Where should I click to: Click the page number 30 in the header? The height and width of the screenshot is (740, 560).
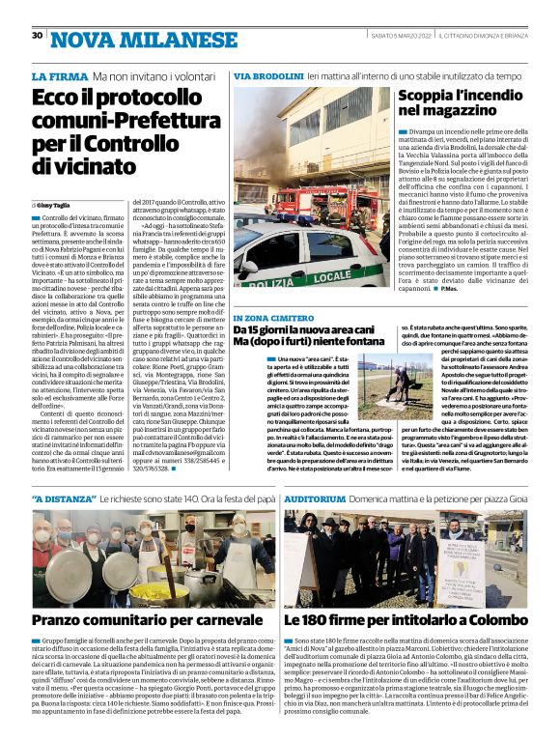click(38, 36)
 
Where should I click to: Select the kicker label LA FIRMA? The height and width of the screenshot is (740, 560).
click(59, 76)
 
